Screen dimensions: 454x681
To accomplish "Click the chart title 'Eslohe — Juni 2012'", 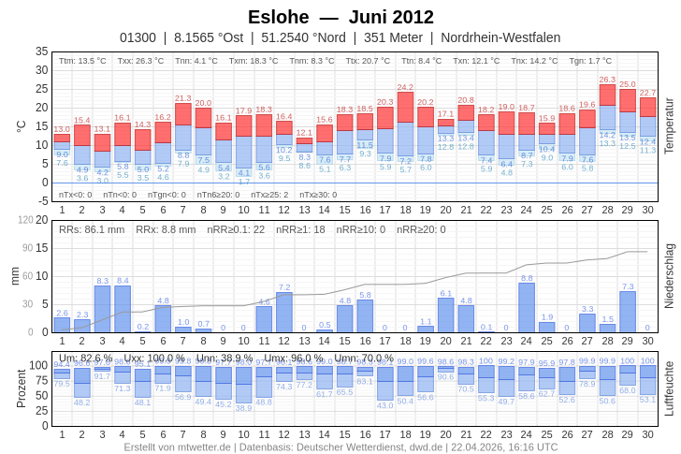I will pyautogui.click(x=340, y=17).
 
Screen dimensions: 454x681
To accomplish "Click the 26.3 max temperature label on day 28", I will pyautogui.click(x=607, y=80).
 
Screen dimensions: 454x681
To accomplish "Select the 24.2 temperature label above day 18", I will pyautogui.click(x=405, y=87).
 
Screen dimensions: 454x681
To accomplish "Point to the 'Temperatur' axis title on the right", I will pyautogui.click(x=669, y=125).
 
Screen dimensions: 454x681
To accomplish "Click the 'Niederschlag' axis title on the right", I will pyautogui.click(x=669, y=276).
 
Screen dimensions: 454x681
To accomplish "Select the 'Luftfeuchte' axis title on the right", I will pyautogui.click(x=669, y=388).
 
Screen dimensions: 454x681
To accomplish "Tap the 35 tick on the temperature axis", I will pyautogui.click(x=41, y=51).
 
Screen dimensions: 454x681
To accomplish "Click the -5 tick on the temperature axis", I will pyautogui.click(x=41, y=200).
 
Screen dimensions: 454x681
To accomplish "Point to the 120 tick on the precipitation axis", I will pyautogui.click(x=26, y=220).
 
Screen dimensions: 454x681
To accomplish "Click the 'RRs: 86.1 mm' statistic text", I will pyautogui.click(x=92, y=229).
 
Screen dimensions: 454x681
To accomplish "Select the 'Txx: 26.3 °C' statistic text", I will pyautogui.click(x=140, y=61).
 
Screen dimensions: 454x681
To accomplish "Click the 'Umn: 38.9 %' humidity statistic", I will pyautogui.click(x=224, y=358).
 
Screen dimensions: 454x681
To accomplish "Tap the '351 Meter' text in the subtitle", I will pyautogui.click(x=393, y=37).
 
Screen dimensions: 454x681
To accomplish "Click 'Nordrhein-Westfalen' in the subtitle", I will pyautogui.click(x=500, y=37).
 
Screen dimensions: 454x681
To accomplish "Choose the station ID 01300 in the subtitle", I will pyautogui.click(x=138, y=37).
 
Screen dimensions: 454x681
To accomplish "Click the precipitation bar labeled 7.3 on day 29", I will pyautogui.click(x=628, y=312).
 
